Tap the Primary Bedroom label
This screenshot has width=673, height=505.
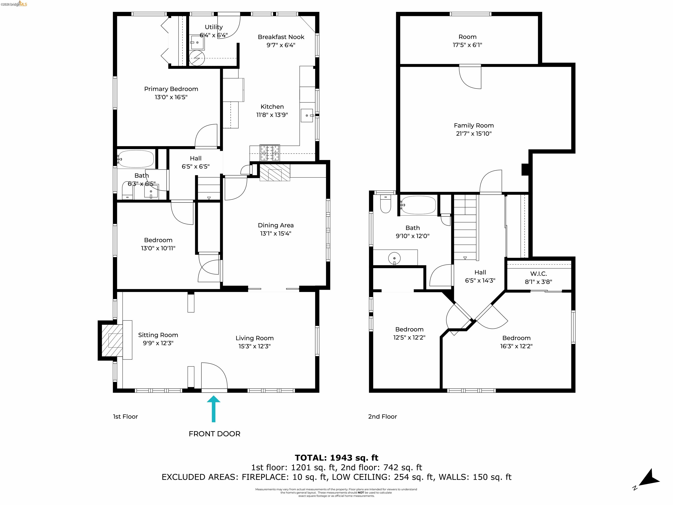tap(171, 89)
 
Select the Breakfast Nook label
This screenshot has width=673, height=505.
tap(281, 37)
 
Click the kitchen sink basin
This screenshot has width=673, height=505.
tap(307, 115)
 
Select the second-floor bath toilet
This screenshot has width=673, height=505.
tap(386, 204)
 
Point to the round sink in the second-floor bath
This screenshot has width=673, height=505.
tap(394, 258)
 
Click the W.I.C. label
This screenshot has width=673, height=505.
tap(538, 274)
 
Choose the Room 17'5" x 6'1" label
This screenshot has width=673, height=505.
tap(467, 41)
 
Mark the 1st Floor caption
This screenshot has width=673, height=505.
tap(125, 416)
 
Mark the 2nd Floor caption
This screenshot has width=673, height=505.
tap(383, 416)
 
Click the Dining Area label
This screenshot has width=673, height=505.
tap(276, 225)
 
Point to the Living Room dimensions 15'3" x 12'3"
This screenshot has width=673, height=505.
tap(254, 346)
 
